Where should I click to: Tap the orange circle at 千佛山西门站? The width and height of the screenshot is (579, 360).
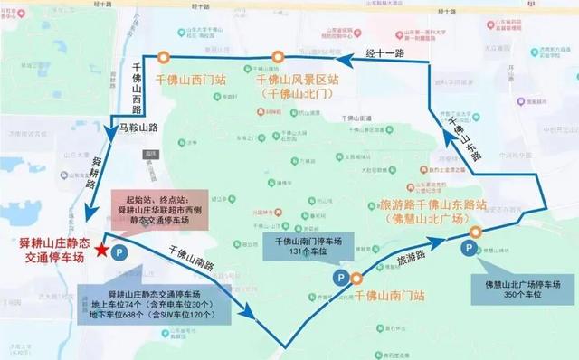[x=163, y=56]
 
